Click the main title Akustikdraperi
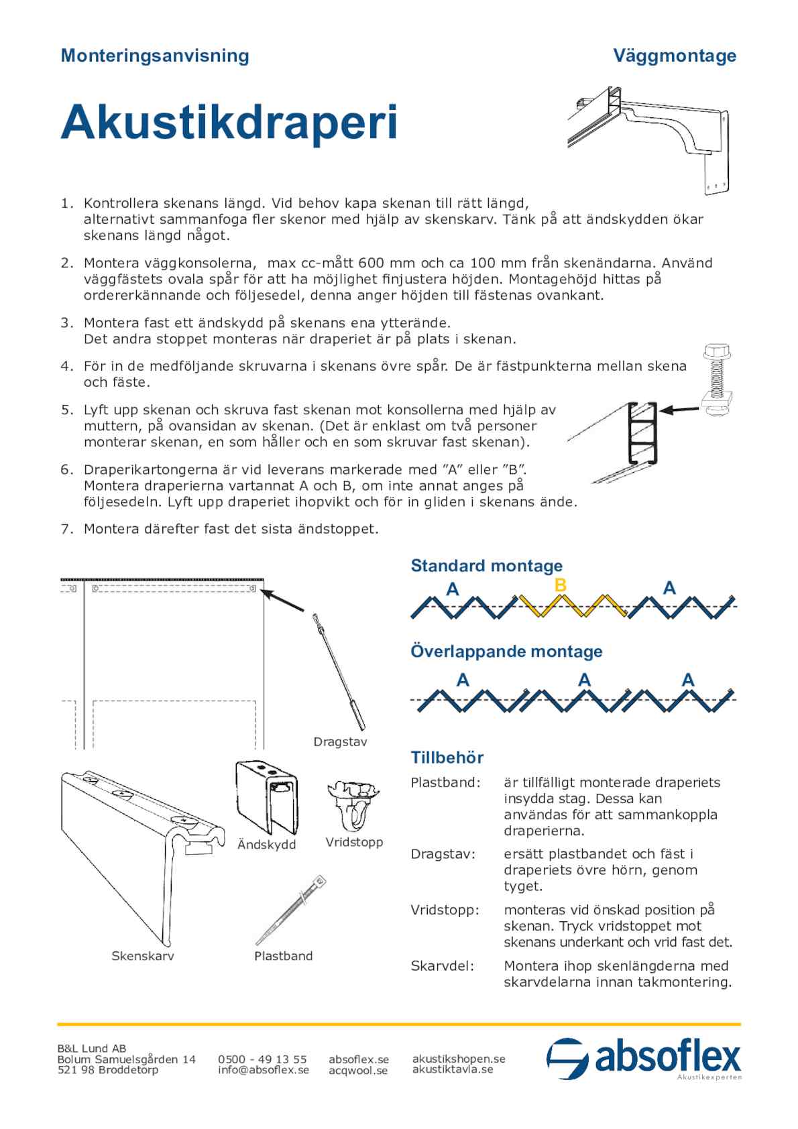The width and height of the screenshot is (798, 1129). click(229, 123)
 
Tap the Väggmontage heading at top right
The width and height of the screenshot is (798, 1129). click(674, 56)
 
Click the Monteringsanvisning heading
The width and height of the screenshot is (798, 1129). click(154, 56)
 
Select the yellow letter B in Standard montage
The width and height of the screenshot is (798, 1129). click(561, 585)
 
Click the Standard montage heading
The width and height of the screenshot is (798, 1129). click(486, 566)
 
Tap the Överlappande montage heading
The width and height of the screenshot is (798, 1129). click(506, 652)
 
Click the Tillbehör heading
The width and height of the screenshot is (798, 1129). click(447, 758)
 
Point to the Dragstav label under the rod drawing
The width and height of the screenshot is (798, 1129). click(340, 742)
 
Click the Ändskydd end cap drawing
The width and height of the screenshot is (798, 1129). click(266, 798)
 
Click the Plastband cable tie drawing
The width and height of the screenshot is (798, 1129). click(290, 910)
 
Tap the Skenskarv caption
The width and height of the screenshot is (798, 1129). click(142, 956)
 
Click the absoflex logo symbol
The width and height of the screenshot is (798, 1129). click(567, 1059)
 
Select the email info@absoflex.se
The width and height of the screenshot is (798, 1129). click(263, 1070)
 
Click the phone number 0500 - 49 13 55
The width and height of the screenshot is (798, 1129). click(262, 1059)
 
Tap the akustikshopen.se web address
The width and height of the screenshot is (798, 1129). click(459, 1059)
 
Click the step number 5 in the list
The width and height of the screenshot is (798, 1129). click(66, 410)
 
